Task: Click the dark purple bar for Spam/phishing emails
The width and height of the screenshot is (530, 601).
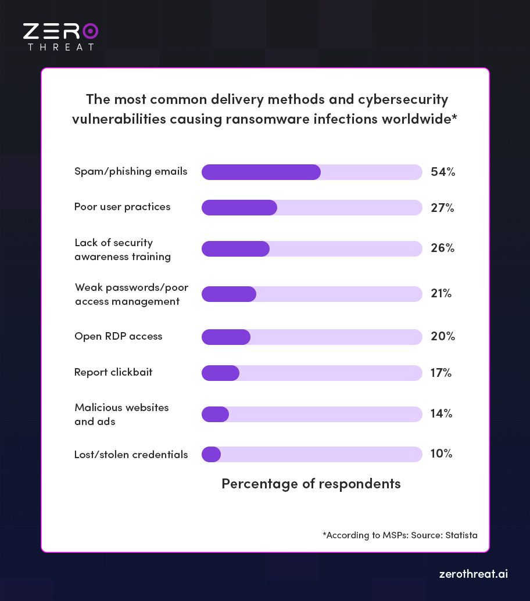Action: (261, 172)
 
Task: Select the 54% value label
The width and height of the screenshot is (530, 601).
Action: (443, 172)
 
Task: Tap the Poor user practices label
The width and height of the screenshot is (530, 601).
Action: (122, 207)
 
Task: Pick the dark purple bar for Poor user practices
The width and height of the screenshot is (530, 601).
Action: (239, 207)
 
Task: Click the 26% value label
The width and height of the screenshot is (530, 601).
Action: (442, 248)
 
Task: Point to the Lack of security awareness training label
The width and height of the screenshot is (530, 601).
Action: (122, 250)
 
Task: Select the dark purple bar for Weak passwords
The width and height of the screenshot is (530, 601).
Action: (228, 294)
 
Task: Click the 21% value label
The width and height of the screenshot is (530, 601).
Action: (441, 293)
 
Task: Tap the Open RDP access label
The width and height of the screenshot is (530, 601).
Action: (118, 336)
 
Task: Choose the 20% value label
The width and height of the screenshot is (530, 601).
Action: (442, 336)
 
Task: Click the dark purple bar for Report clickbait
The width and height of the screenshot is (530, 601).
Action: (220, 373)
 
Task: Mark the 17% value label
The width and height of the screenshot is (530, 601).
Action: (441, 373)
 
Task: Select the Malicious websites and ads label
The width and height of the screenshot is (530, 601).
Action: (121, 415)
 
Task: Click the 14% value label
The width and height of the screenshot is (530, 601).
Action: (441, 413)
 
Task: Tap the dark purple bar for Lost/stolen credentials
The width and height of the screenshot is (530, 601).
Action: (211, 454)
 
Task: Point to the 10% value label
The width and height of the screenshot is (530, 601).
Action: (441, 454)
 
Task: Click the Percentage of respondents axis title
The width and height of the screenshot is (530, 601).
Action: (311, 484)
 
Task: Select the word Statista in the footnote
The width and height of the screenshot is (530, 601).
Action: (461, 535)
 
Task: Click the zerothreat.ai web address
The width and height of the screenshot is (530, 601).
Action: (473, 574)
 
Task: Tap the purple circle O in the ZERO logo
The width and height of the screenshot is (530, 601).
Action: (90, 31)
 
